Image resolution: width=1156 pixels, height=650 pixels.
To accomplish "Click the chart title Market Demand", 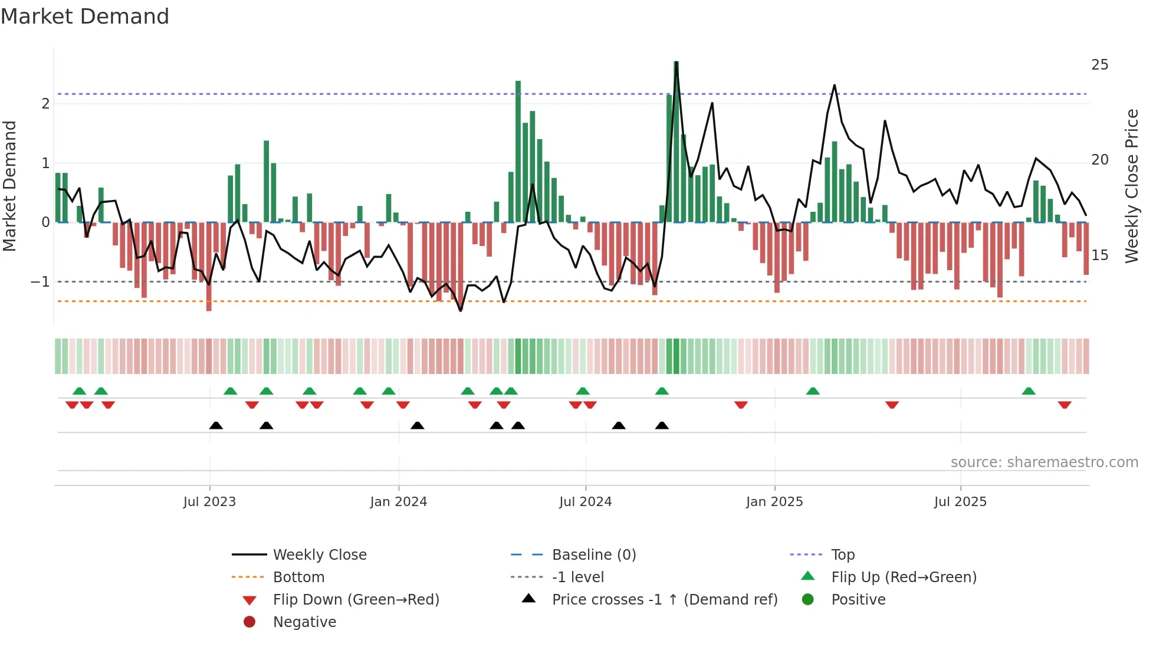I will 85,17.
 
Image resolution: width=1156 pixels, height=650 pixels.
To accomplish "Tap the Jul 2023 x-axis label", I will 209,502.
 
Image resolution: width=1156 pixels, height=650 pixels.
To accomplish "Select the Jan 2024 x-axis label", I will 398,502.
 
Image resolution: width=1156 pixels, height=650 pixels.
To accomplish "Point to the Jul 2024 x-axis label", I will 585,502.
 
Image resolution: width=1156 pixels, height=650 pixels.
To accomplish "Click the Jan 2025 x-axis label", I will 774,502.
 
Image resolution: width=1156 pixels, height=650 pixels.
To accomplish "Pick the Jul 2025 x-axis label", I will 960,502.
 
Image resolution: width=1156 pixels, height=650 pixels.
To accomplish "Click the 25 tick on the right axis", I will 1099,65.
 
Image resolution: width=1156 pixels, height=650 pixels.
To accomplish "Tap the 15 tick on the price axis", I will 1099,255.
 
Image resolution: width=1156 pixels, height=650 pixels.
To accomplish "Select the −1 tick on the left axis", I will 41,282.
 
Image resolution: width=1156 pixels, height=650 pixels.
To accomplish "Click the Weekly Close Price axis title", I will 1131,186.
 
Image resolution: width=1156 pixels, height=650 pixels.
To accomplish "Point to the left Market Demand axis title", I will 9,186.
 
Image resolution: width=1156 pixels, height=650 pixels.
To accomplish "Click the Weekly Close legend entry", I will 319,555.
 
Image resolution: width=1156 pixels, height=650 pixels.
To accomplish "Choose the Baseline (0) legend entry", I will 593,555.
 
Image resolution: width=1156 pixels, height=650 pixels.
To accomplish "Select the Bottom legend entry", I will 298,577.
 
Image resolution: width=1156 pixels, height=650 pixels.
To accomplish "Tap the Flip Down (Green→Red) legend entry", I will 356,600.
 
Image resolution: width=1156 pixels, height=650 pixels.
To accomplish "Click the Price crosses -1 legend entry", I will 664,600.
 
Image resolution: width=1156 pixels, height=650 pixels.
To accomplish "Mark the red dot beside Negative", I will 249,622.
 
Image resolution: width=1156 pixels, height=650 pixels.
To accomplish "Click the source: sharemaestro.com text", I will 1044,462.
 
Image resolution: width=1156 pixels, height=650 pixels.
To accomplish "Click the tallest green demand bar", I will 676,142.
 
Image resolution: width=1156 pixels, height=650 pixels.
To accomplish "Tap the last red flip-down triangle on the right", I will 1065,405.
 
